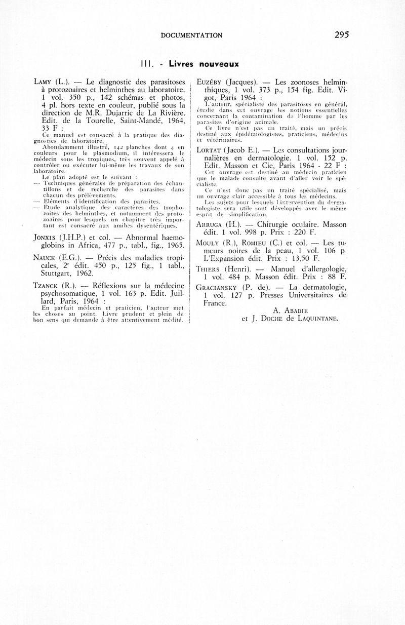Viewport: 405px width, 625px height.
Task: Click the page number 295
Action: coord(342,35)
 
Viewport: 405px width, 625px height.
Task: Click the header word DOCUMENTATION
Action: coord(191,35)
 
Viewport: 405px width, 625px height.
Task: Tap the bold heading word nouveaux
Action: coord(218,64)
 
